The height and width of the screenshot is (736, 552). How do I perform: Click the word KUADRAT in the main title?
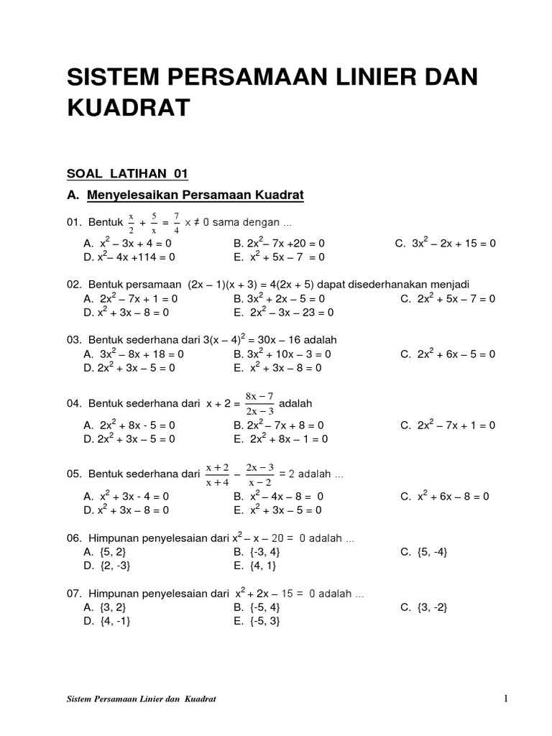click(129, 108)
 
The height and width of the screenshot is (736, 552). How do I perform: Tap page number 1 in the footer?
click(506, 698)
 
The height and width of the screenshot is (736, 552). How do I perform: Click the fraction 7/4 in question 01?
click(176, 223)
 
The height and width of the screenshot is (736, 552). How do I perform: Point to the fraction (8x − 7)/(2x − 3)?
click(259, 403)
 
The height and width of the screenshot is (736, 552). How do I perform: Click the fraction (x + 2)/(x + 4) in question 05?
click(216, 474)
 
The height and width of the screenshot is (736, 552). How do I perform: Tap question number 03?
click(74, 339)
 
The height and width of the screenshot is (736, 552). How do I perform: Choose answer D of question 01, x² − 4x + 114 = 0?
click(129, 257)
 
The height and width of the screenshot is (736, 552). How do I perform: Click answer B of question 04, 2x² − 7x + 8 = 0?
click(279, 425)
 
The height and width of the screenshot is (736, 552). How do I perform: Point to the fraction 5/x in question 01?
click(154, 223)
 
